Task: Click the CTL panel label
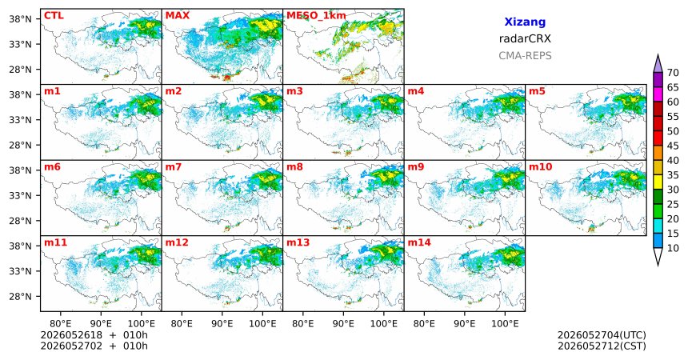coord(54,16)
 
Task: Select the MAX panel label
coord(178,16)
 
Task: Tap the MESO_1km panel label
coord(316,16)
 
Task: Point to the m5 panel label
coord(537,91)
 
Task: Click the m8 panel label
coord(295,167)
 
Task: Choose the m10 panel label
coord(540,167)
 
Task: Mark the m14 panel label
coord(419,242)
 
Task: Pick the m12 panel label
coord(177,242)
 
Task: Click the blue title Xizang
coord(525,22)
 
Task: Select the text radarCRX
coord(525,38)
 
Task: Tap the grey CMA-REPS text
coord(525,56)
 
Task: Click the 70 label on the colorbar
coord(673,73)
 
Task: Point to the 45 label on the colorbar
coord(673,146)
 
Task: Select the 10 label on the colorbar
coord(673,248)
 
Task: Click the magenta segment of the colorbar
coord(658,94)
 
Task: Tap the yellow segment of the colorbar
coord(658,182)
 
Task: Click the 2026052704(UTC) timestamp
coord(602,335)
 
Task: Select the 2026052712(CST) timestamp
coord(602,346)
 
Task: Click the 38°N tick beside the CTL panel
coord(20,19)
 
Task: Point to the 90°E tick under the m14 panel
coord(464,324)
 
